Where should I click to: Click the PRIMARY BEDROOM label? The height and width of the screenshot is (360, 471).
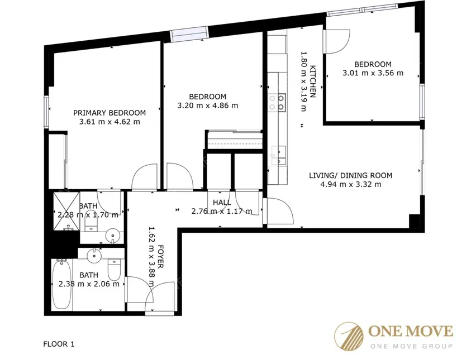tap(110, 113)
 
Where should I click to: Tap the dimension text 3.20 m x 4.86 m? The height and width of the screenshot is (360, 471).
tap(208, 105)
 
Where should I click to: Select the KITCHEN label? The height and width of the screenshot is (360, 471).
tap(313, 81)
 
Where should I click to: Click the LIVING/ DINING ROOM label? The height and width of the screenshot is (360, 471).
tap(350, 175)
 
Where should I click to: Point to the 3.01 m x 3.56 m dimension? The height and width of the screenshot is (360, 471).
tap(373, 73)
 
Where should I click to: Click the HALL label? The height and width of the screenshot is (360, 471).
tap(222, 203)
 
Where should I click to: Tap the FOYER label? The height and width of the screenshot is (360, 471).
tap(161, 257)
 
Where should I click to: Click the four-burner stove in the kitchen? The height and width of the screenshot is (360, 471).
tap(277, 103)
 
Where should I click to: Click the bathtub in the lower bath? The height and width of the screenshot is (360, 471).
tap(62, 284)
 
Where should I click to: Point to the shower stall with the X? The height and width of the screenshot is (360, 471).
tap(66, 212)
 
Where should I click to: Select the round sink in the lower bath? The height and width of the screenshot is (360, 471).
tap(94, 255)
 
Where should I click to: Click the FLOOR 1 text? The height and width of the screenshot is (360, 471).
tap(59, 344)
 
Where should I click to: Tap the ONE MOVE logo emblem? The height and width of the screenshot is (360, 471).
tap(349, 337)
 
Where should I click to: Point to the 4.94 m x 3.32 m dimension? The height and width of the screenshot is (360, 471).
tap(351, 184)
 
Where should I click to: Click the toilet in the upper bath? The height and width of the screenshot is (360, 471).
tap(91, 222)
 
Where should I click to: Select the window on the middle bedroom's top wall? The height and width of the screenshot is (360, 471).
tap(189, 34)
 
